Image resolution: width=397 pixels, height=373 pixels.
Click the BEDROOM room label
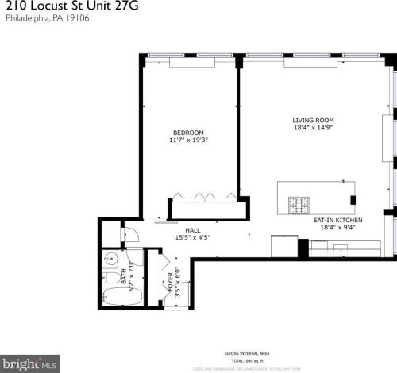click(188, 133)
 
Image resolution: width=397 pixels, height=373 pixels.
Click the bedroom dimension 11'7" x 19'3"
click(188, 140)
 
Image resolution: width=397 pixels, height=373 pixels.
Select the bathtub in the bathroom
click(123, 300)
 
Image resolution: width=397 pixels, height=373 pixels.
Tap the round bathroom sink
click(111, 259)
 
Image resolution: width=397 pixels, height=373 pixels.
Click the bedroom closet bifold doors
click(202, 194)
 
